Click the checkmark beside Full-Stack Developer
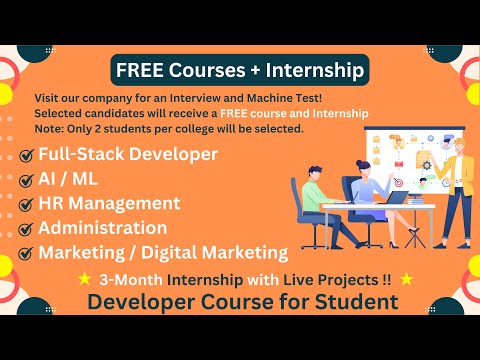click(x=26, y=156)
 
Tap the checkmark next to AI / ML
click(x=26, y=181)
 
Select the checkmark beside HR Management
click(x=26, y=205)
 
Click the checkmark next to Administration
click(x=26, y=229)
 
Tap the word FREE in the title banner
click(x=138, y=70)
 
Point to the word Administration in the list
click(x=102, y=228)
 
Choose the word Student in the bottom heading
click(x=356, y=301)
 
